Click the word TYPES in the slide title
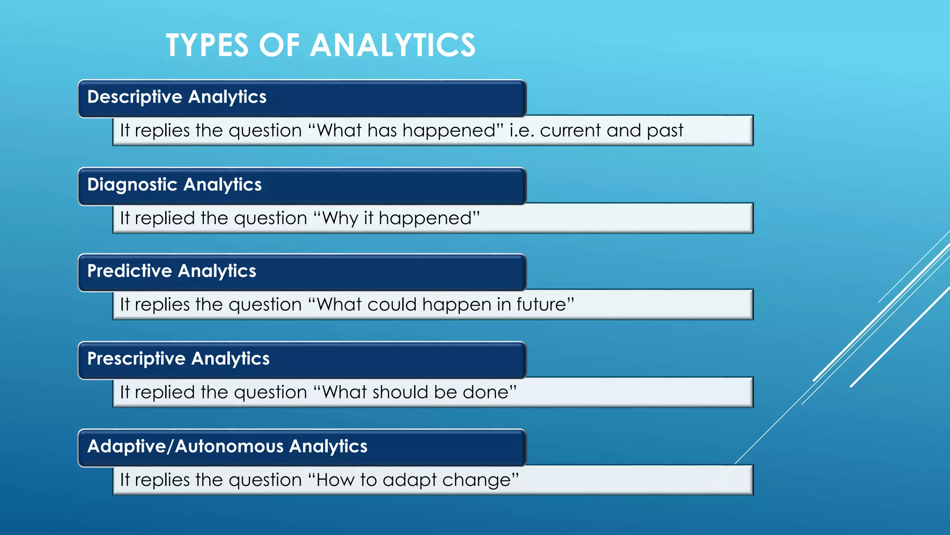point(207,46)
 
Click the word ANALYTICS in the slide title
point(392,46)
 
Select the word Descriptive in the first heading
point(135,97)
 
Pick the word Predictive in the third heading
point(129,271)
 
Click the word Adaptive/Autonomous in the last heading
point(186,446)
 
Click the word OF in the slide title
point(279,46)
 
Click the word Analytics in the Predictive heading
point(217,271)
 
